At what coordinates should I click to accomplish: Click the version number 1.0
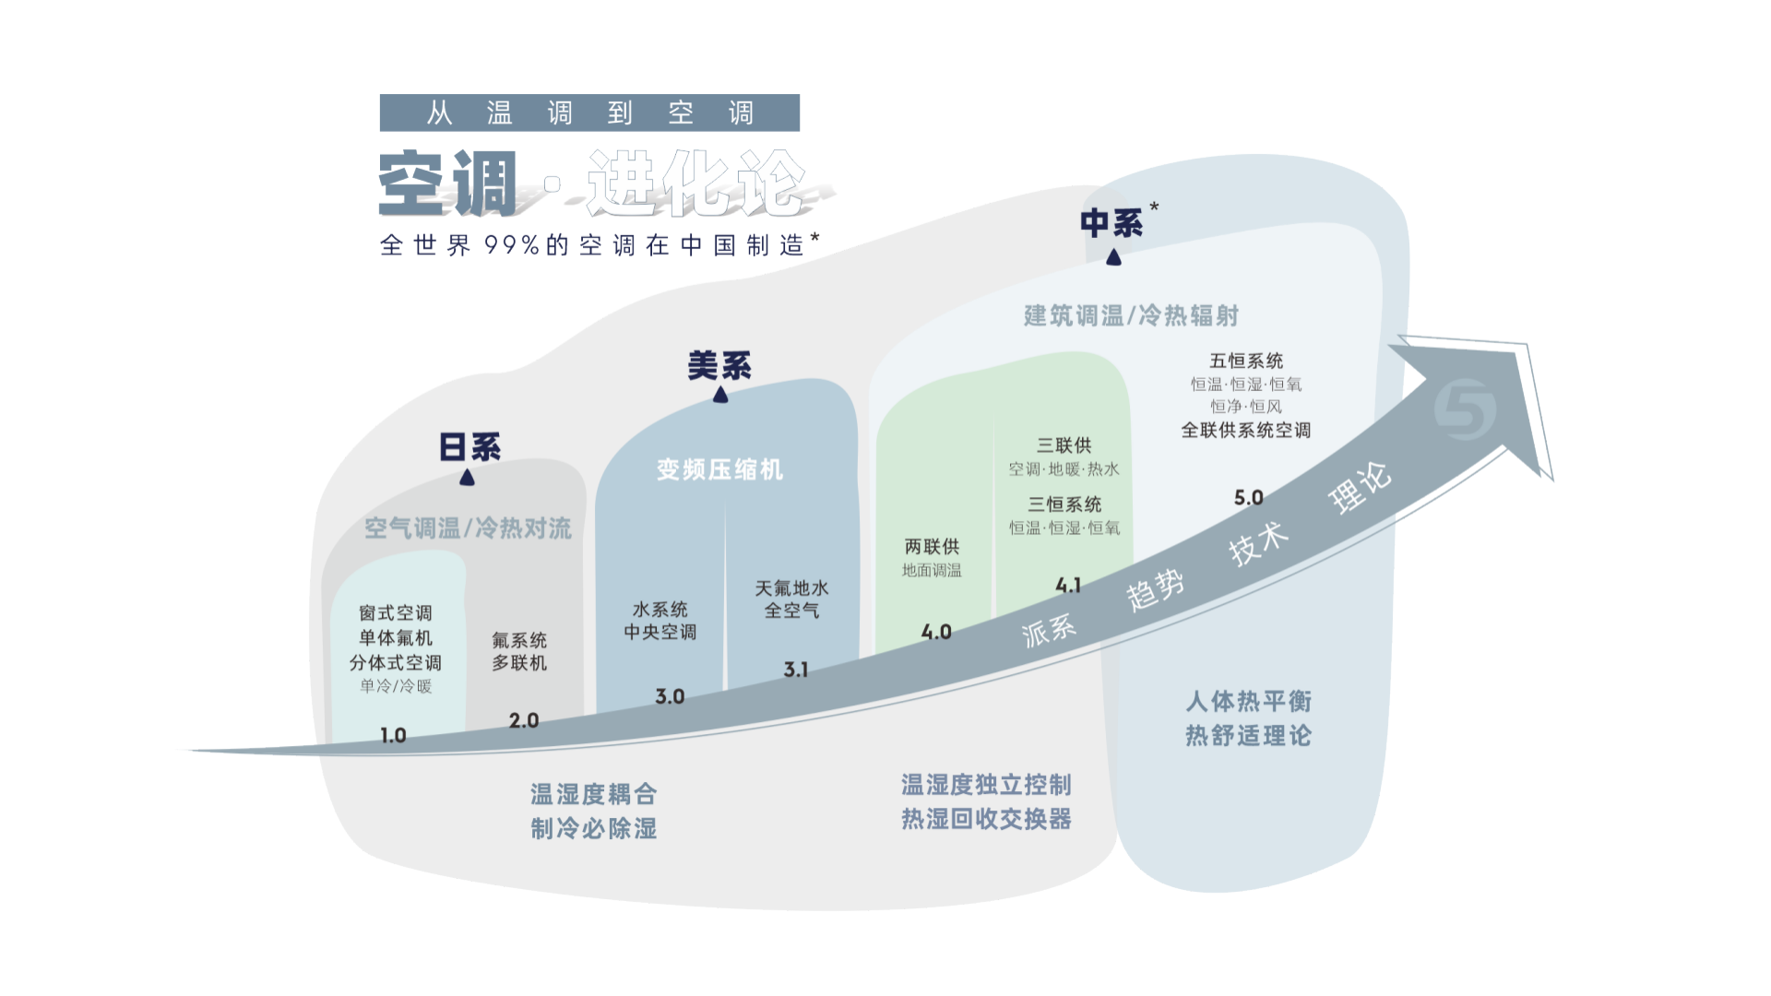click(393, 735)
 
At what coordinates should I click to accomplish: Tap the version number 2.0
click(523, 720)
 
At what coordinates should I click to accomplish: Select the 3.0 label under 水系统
click(670, 696)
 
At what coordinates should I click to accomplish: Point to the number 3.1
click(795, 670)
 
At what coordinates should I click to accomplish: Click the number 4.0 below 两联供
click(935, 632)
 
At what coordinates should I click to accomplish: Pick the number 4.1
click(1067, 585)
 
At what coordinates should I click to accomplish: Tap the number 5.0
click(1248, 497)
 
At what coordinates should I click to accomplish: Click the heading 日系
click(469, 447)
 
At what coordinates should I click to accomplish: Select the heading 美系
click(719, 366)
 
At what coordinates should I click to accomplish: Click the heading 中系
click(1111, 223)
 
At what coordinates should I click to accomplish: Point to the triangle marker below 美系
click(720, 395)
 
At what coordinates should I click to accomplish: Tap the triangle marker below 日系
click(467, 477)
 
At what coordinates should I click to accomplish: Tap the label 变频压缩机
click(719, 469)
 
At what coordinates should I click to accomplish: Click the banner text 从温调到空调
click(589, 113)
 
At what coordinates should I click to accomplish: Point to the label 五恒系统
click(1246, 361)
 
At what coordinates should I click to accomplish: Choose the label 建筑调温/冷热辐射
click(1131, 315)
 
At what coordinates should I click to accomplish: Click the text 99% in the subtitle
click(512, 245)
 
